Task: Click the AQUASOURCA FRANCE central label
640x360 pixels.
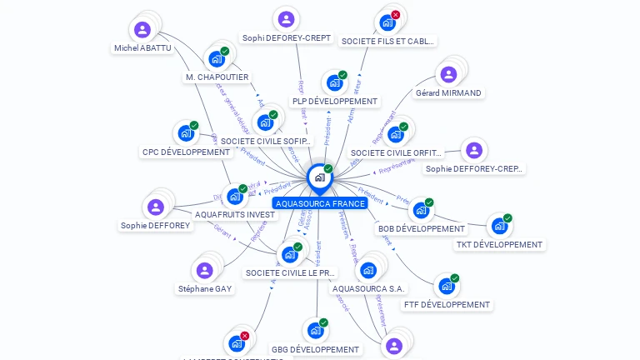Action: (x=320, y=203)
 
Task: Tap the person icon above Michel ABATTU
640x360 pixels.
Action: (x=142, y=30)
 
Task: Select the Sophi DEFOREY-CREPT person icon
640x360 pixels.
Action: (x=286, y=19)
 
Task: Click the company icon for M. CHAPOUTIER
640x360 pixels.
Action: (x=217, y=58)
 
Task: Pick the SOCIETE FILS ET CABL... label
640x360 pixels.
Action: (x=387, y=41)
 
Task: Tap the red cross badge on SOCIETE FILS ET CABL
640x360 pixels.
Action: (x=395, y=15)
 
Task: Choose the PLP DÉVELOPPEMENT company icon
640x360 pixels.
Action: (x=334, y=82)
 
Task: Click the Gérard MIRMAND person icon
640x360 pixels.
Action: (x=448, y=74)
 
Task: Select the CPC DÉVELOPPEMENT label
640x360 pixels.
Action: (x=186, y=152)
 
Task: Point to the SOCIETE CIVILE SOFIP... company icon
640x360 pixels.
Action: (x=266, y=122)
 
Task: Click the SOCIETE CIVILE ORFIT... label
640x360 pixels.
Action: (x=397, y=153)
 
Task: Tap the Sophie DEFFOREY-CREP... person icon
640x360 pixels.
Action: (x=474, y=151)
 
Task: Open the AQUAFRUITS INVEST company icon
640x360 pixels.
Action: (x=235, y=197)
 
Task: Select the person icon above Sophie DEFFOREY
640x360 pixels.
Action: (x=155, y=207)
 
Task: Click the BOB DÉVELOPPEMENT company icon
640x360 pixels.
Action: (x=421, y=210)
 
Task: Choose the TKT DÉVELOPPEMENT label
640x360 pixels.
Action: (x=499, y=245)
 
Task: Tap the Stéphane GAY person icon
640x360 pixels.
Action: (x=204, y=270)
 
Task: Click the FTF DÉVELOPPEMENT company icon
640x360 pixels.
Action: (x=447, y=286)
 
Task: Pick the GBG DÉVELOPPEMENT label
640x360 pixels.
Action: (x=316, y=350)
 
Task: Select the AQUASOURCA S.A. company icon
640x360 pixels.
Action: (x=368, y=270)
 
